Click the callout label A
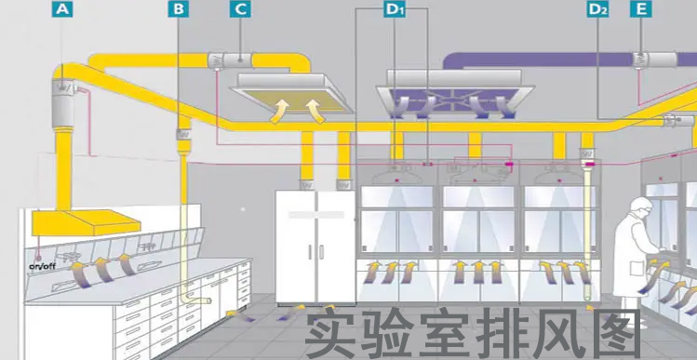coord(62,9)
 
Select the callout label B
coord(179,9)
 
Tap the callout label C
coord(240,9)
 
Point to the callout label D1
coord(395,9)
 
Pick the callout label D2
coord(597,9)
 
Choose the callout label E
coord(640,9)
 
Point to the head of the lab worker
coord(641,207)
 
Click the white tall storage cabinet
coord(315,247)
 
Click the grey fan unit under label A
coord(65,91)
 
